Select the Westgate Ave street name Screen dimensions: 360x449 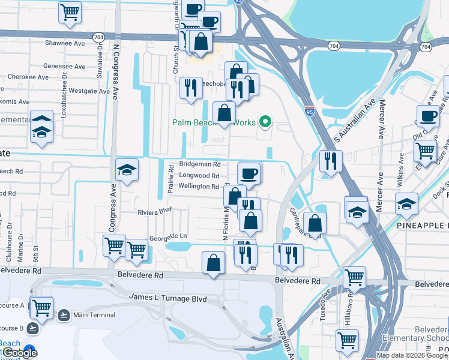pyautogui.click(x=89, y=91)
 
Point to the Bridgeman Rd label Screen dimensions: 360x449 pyautogui.click(x=200, y=164)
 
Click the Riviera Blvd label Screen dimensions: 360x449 pyautogui.click(x=155, y=211)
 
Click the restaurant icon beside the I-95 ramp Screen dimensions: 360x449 pyautogui.click(x=331, y=161)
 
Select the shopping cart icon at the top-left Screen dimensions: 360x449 pyautogui.click(x=70, y=11)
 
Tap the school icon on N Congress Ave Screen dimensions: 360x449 pyautogui.click(x=127, y=170)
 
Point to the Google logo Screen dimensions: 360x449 pyautogui.click(x=19, y=352)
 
